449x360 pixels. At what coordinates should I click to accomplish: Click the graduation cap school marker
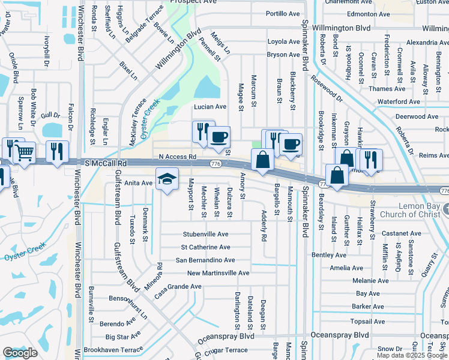[x=167, y=178]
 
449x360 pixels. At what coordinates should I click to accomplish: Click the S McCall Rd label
[x=106, y=163]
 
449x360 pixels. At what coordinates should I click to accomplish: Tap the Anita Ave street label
[x=138, y=183]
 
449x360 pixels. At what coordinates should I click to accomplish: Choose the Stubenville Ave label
[x=206, y=234]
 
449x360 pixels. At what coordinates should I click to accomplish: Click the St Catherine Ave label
[x=206, y=247]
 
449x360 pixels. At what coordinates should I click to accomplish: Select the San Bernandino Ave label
[x=205, y=260]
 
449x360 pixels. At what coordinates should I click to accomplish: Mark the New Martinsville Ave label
[x=218, y=273]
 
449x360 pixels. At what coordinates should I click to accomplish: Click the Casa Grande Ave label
[x=178, y=287]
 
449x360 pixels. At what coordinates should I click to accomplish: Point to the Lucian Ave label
[x=209, y=107]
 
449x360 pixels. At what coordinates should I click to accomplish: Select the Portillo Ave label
[x=283, y=13]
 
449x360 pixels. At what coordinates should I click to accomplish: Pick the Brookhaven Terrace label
[x=113, y=349]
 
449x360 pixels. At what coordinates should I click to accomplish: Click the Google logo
[x=20, y=353]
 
